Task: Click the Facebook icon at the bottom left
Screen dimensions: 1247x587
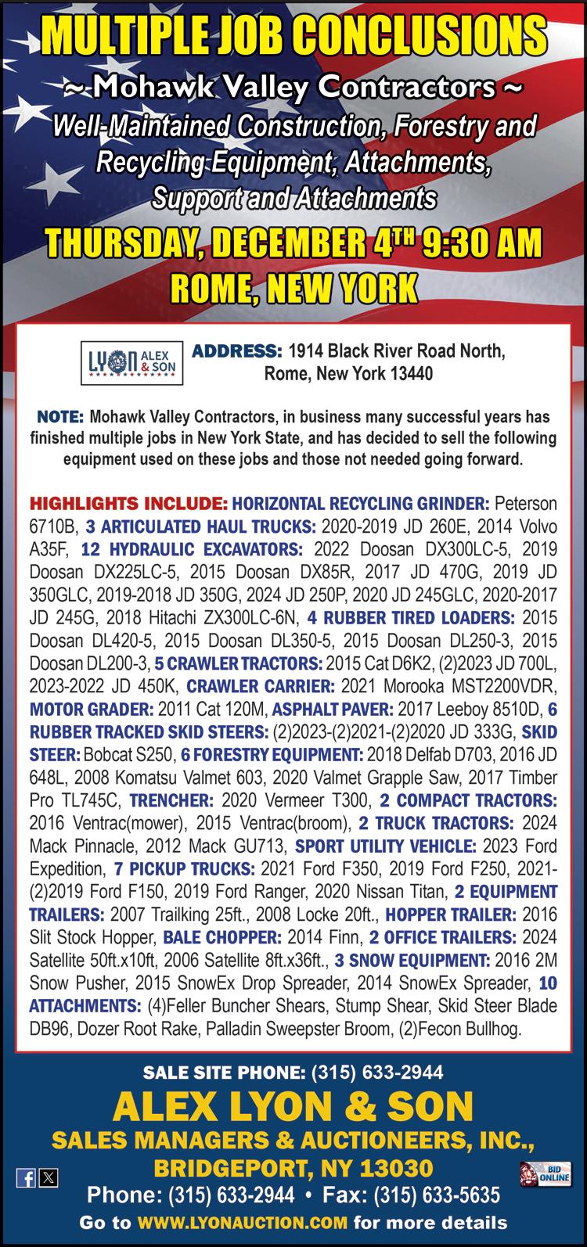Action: (25, 1177)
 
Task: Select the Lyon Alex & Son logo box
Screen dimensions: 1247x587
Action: (133, 362)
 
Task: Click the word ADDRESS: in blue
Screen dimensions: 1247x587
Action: (236, 350)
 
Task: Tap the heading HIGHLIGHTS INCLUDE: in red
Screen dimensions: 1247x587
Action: (128, 501)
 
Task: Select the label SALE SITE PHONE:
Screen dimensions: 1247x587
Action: (225, 1072)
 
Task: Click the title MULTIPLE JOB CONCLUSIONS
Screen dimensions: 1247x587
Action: (293, 34)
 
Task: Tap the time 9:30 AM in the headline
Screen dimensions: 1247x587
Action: (481, 243)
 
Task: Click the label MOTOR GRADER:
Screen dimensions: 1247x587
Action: (92, 710)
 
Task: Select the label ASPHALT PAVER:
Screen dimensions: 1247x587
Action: (333, 710)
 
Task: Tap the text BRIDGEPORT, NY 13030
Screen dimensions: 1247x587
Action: (293, 1169)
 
